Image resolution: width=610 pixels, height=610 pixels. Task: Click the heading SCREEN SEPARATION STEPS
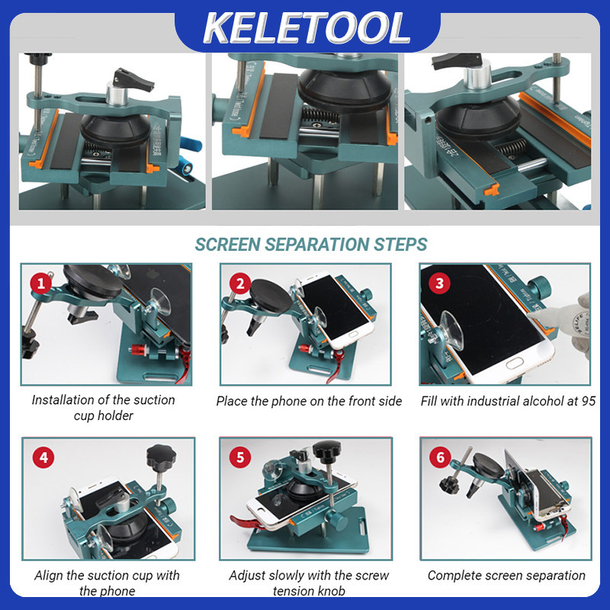click(310, 245)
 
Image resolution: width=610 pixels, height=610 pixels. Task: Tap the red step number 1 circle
click(41, 285)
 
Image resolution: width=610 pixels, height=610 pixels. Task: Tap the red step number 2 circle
click(241, 285)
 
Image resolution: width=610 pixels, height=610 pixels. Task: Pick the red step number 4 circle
click(43, 458)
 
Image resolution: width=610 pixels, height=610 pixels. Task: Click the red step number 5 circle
click(241, 458)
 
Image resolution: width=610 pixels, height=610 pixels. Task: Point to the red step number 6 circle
click(440, 458)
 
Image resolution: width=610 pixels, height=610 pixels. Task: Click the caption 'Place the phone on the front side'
click(309, 401)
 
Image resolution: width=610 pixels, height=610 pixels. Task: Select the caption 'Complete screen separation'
click(506, 575)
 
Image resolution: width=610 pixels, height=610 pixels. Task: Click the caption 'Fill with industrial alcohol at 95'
click(508, 401)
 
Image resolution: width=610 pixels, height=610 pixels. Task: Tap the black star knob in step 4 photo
click(161, 457)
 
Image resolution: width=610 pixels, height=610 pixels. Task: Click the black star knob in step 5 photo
click(333, 455)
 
